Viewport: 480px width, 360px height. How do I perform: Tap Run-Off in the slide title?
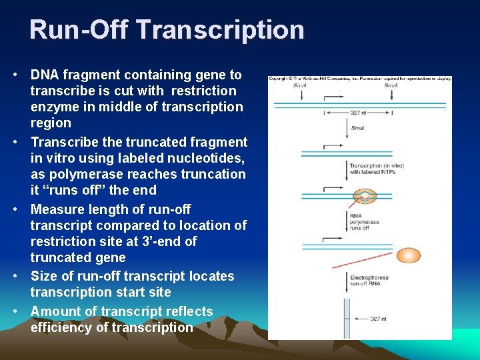point(79,30)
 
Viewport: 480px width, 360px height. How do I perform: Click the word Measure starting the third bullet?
point(57,209)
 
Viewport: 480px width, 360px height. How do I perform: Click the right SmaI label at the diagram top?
point(391,85)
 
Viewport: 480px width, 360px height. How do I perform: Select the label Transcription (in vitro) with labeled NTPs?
point(372,169)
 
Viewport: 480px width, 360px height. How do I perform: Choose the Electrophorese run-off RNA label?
point(369,281)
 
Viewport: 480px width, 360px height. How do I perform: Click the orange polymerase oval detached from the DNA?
point(408,255)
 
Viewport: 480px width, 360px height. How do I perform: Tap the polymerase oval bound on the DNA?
point(364,196)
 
